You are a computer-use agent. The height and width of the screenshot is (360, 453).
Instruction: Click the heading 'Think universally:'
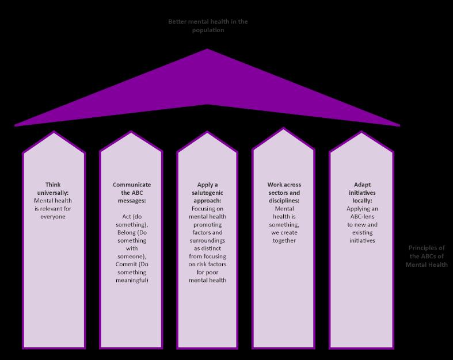(54, 189)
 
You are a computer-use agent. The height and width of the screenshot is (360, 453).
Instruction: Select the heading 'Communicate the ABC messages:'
(132, 193)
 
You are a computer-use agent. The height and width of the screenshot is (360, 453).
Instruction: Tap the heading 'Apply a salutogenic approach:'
(207, 193)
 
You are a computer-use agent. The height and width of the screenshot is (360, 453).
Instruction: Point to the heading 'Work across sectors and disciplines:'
(283, 193)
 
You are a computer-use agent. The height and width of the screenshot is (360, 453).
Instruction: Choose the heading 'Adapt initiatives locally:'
(360, 193)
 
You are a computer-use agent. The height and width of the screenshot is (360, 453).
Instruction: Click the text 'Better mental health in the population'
(208, 26)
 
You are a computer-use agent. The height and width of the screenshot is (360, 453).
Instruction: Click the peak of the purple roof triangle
(207, 50)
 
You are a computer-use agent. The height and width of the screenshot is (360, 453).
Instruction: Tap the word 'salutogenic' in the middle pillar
(207, 193)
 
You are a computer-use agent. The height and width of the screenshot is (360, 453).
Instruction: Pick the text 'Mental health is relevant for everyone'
(54, 209)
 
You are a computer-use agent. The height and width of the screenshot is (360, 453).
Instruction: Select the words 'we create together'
(283, 236)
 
